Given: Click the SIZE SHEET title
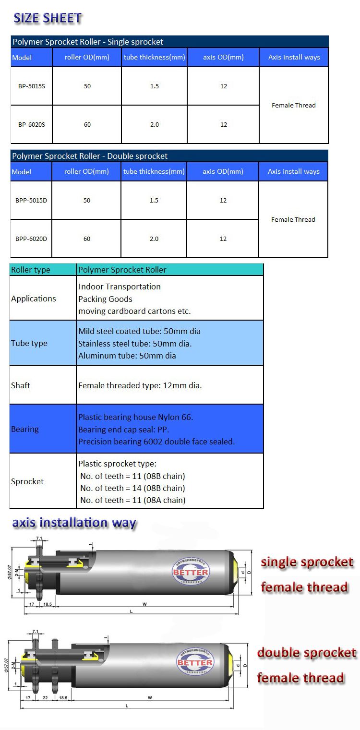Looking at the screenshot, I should [48, 18].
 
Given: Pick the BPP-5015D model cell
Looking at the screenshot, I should [31, 201].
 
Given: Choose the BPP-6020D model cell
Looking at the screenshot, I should [31, 239].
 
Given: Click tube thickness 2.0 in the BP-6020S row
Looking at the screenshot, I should [154, 125].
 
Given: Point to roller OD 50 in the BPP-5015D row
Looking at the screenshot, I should [87, 201].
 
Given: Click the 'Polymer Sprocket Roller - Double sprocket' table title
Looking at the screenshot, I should [90, 156].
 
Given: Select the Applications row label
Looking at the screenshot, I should [34, 299].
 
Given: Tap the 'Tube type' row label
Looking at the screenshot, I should [29, 343].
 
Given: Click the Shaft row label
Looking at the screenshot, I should [21, 385].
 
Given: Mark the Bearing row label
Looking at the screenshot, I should [25, 429].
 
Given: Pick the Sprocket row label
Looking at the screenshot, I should [27, 481].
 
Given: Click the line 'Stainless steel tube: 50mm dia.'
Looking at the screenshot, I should [135, 344].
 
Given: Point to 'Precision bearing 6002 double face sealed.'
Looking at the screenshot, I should [156, 442].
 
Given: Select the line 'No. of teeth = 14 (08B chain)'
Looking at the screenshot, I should [132, 488].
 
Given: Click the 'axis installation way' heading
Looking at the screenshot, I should [74, 523].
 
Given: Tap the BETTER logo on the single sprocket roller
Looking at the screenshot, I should [191, 572].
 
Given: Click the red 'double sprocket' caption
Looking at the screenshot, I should [307, 653].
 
